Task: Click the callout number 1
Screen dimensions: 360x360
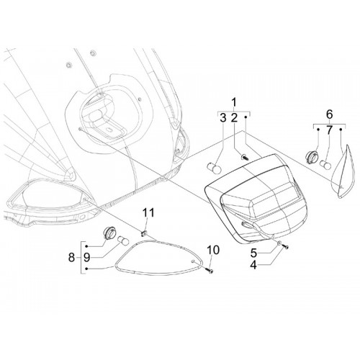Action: tap(234, 102)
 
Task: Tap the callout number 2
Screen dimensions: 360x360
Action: tap(234, 118)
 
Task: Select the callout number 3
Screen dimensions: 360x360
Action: tap(223, 118)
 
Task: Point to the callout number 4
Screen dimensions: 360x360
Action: tap(253, 265)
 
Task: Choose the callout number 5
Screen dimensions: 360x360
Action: tap(253, 253)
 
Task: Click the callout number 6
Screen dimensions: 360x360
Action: tap(330, 114)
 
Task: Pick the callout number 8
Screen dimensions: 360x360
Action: tap(71, 258)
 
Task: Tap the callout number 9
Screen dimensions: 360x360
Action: tap(86, 258)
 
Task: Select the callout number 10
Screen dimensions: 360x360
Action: tap(213, 250)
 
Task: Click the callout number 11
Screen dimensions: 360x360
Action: tap(148, 212)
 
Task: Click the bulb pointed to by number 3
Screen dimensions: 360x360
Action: tap(214, 168)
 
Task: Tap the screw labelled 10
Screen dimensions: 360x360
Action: tap(210, 271)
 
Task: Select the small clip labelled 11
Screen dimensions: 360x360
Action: tap(144, 233)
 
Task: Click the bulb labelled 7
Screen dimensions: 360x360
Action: tap(326, 164)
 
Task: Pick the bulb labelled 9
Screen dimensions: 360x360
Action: tap(123, 240)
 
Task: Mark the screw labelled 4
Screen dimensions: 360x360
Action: tap(285, 246)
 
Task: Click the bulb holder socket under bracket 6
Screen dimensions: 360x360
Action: tap(311, 156)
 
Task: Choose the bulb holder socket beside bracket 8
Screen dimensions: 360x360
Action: tap(109, 233)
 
